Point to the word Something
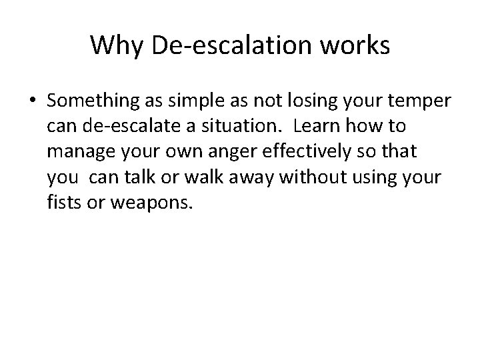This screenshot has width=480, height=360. pos(88,101)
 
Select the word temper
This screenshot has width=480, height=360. pos(421,101)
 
